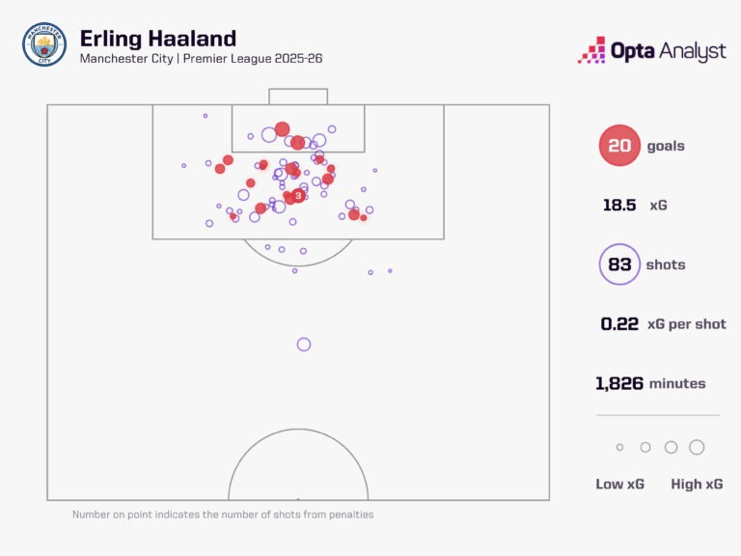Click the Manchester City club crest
[44, 44]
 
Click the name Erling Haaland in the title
[157, 39]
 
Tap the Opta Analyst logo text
[668, 50]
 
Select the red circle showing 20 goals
[619, 147]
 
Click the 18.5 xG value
[618, 206]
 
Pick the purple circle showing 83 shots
[619, 264]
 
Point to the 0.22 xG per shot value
[619, 324]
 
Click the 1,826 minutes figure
[622, 383]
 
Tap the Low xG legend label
[619, 484]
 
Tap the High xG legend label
[697, 484]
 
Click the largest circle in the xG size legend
[697, 447]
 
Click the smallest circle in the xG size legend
[619, 447]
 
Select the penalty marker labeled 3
[298, 195]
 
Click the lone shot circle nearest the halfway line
[304, 345]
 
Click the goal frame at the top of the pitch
[298, 97]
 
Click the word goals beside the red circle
[666, 147]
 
